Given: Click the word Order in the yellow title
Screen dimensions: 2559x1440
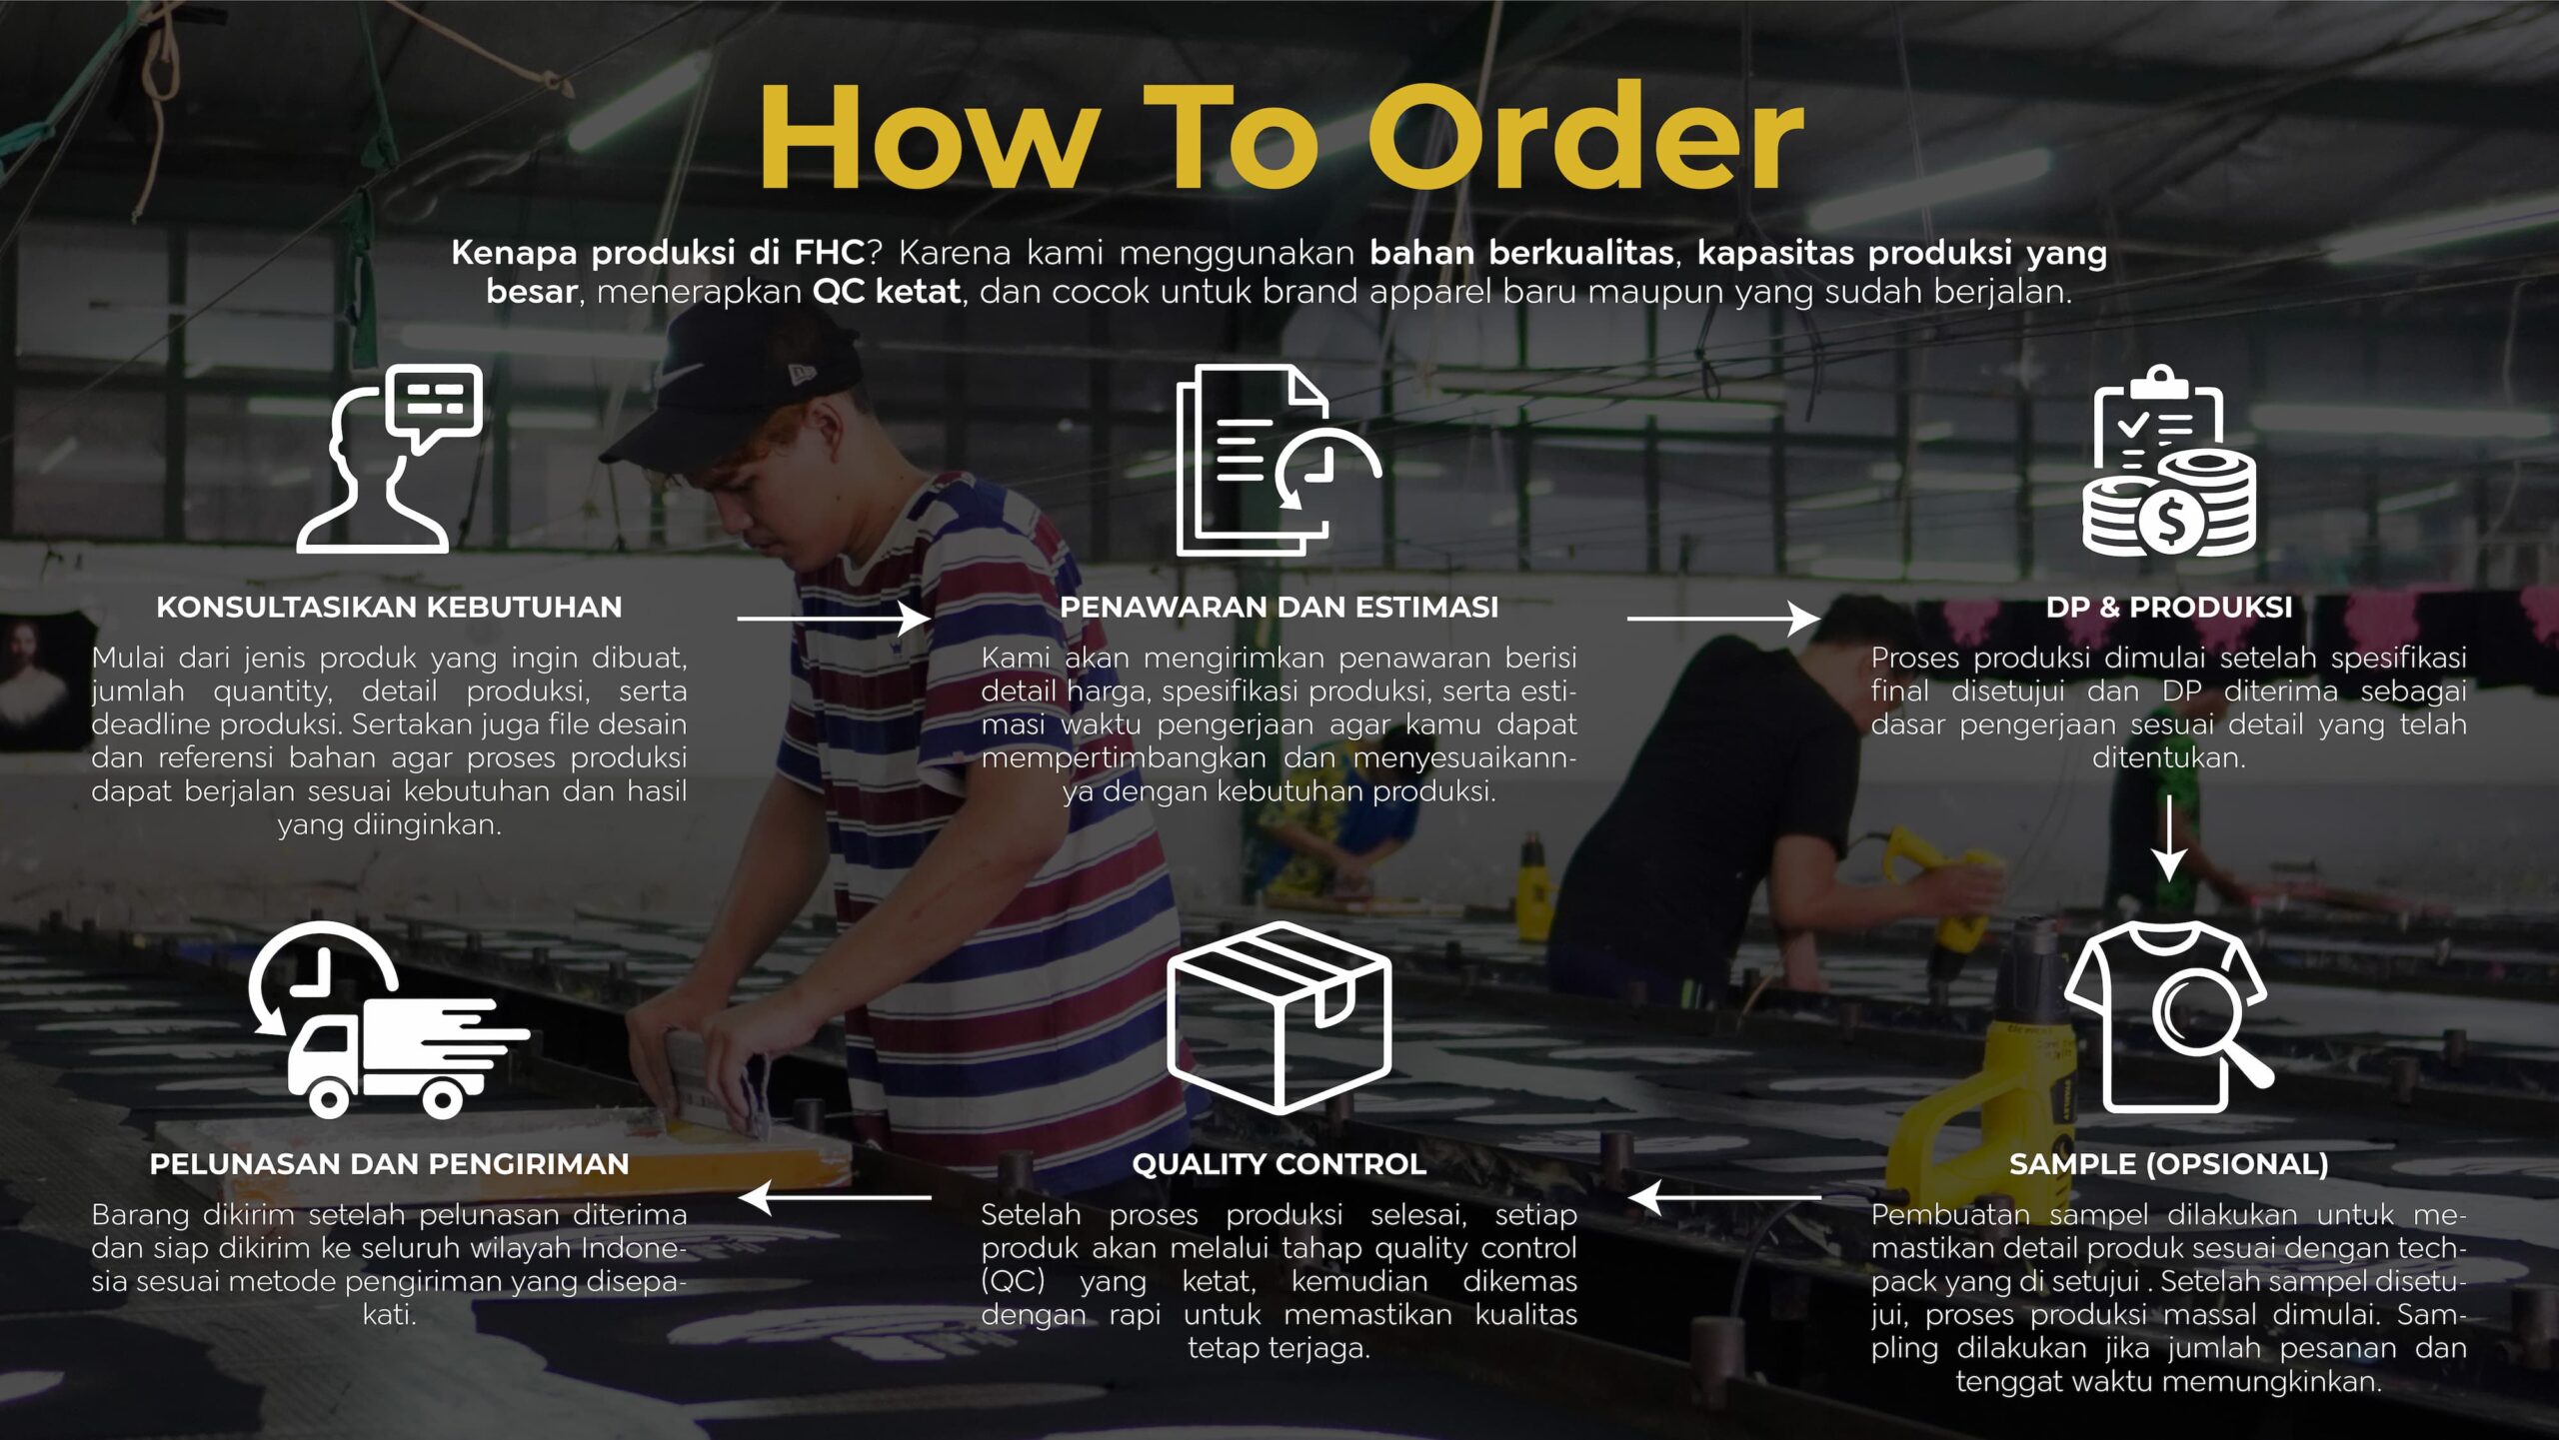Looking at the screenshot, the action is (x=1585, y=137).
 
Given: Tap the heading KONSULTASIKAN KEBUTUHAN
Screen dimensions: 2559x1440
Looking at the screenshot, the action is (x=389, y=607).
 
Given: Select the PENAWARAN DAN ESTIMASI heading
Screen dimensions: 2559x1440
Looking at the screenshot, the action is (x=1279, y=607).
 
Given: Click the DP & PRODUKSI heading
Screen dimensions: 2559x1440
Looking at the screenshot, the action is (x=2168, y=607).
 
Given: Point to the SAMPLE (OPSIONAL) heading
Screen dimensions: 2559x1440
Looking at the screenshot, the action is (x=2168, y=1163).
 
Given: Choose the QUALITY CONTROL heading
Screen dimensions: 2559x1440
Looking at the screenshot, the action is (x=1279, y=1163).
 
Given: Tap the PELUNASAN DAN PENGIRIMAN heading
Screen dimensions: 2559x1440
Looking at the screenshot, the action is (x=389, y=1163).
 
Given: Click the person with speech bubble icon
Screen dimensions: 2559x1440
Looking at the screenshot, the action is (x=389, y=458).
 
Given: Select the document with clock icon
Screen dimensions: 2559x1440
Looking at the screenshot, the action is (x=1279, y=460).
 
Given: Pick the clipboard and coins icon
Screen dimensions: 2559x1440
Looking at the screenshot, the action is (x=2168, y=460).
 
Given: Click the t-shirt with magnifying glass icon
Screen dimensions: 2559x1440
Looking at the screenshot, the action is (x=2168, y=1017).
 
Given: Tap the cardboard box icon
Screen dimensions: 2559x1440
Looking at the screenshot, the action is (x=1279, y=1017).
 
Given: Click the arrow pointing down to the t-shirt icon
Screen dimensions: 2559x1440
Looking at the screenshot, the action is (x=2168, y=837).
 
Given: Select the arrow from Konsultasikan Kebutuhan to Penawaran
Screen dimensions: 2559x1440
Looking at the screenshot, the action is (x=834, y=619).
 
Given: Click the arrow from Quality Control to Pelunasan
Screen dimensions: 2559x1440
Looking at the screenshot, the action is (x=834, y=1197).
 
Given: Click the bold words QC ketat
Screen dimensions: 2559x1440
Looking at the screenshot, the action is (x=886, y=292).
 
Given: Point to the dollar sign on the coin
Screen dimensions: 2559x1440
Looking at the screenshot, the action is (x=2170, y=520).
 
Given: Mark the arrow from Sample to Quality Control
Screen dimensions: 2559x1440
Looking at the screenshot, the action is (x=1724, y=1197).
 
